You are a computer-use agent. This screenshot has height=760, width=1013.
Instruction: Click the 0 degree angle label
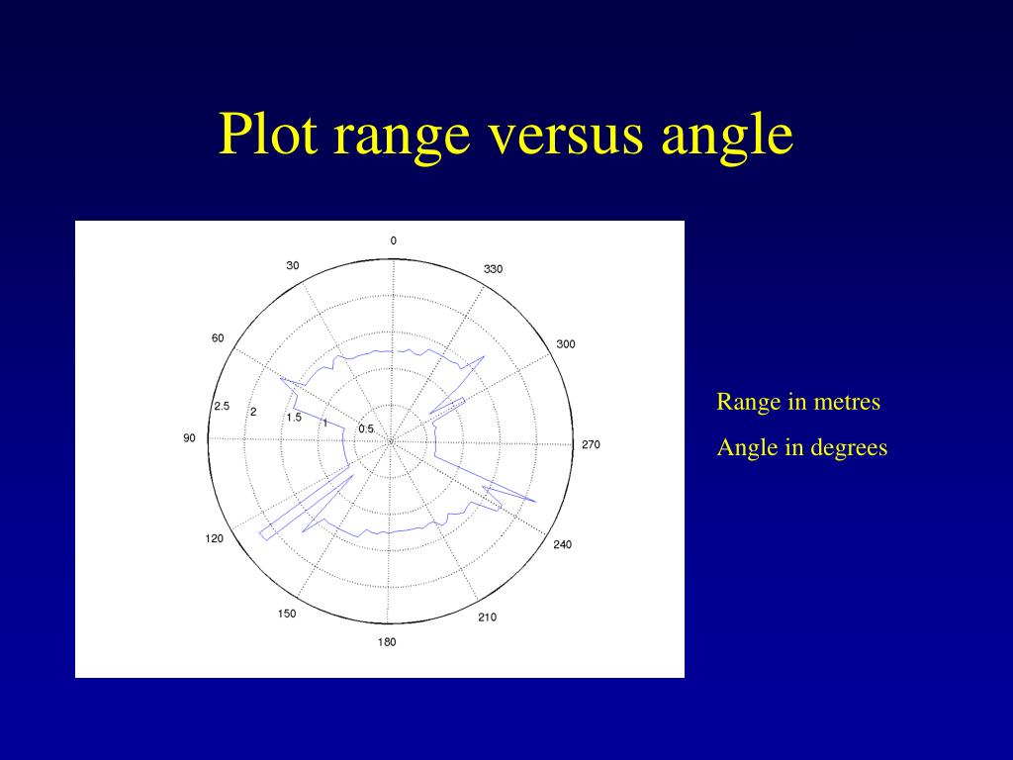[x=393, y=240]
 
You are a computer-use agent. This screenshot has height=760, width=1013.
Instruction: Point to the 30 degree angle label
[x=293, y=265]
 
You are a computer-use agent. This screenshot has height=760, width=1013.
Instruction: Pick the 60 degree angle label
[x=218, y=338]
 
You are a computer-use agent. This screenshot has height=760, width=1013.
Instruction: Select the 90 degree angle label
[x=189, y=438]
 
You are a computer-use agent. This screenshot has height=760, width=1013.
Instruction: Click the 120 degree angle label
[x=215, y=538]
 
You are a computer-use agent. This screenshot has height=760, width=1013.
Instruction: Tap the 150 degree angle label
[x=286, y=614]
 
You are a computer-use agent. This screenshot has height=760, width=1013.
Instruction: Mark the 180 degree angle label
[x=387, y=642]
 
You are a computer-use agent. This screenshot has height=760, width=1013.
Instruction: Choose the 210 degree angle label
[x=488, y=617]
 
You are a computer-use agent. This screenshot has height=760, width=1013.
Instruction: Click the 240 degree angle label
[x=562, y=544]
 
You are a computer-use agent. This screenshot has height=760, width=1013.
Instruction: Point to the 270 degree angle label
[x=591, y=444]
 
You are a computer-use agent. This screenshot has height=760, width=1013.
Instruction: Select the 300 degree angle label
[x=565, y=344]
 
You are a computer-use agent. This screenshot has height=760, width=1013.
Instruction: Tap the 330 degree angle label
[x=493, y=269]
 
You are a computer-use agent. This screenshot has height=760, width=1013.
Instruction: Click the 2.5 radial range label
[x=222, y=407]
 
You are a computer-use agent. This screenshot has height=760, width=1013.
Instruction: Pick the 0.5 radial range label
[x=366, y=428]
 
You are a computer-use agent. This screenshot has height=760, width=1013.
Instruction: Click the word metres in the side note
[x=848, y=402]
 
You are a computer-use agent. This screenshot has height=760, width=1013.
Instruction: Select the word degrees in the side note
[x=849, y=447]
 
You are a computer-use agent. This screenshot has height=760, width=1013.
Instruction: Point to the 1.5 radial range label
[x=294, y=418]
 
